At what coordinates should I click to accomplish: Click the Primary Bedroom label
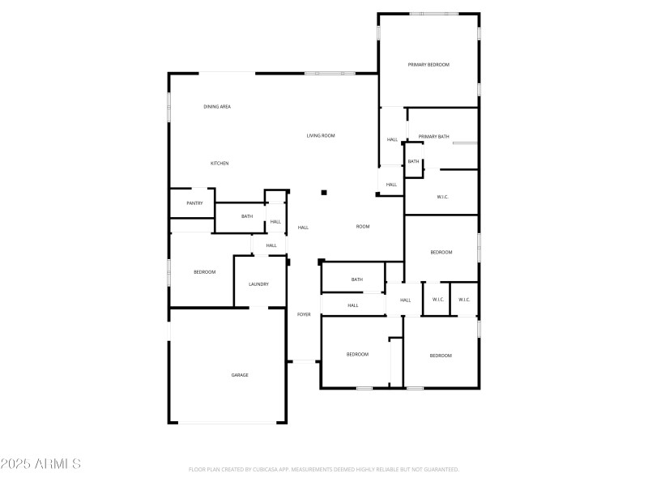(x=428, y=65)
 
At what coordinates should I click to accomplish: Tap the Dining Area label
(x=217, y=107)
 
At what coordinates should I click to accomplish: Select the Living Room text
(x=321, y=136)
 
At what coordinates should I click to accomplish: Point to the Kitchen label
(x=220, y=164)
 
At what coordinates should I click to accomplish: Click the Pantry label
(x=194, y=203)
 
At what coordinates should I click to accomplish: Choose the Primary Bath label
(x=434, y=137)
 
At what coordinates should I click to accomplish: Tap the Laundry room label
(x=258, y=284)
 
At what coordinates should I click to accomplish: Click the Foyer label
(x=304, y=314)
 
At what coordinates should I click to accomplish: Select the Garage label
(x=240, y=375)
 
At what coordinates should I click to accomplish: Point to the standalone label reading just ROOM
(x=363, y=227)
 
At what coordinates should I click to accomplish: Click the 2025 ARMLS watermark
(x=40, y=464)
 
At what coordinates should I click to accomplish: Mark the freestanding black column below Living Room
(x=324, y=193)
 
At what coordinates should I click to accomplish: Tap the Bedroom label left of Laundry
(x=205, y=272)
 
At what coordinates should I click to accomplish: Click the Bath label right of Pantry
(x=247, y=216)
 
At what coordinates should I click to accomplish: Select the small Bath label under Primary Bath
(x=414, y=162)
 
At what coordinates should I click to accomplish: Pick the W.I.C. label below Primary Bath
(x=443, y=197)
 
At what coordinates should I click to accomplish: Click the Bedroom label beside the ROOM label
(x=441, y=253)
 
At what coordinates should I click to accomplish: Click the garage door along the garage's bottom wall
(x=227, y=422)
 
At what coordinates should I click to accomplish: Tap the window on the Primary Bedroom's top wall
(x=434, y=14)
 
